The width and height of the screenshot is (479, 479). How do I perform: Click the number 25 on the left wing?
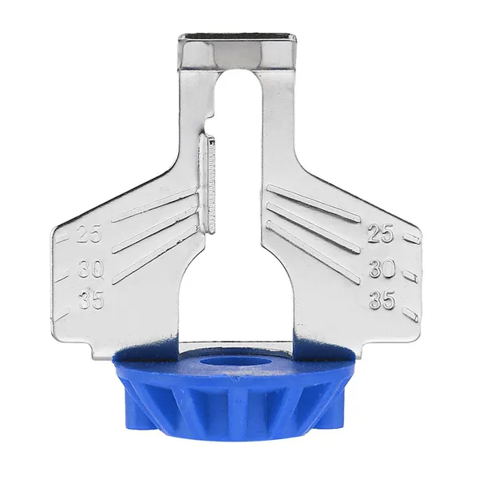89,234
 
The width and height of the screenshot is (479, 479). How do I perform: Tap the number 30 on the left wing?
90,269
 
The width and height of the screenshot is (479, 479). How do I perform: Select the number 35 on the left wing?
91,299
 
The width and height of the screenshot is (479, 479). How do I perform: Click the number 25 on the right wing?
380,234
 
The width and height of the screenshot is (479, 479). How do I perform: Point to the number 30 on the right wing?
382,268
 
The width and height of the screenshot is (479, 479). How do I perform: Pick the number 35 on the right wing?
382,299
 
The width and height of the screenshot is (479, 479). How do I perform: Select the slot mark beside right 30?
411,275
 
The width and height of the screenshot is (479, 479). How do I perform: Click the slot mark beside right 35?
410,315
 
